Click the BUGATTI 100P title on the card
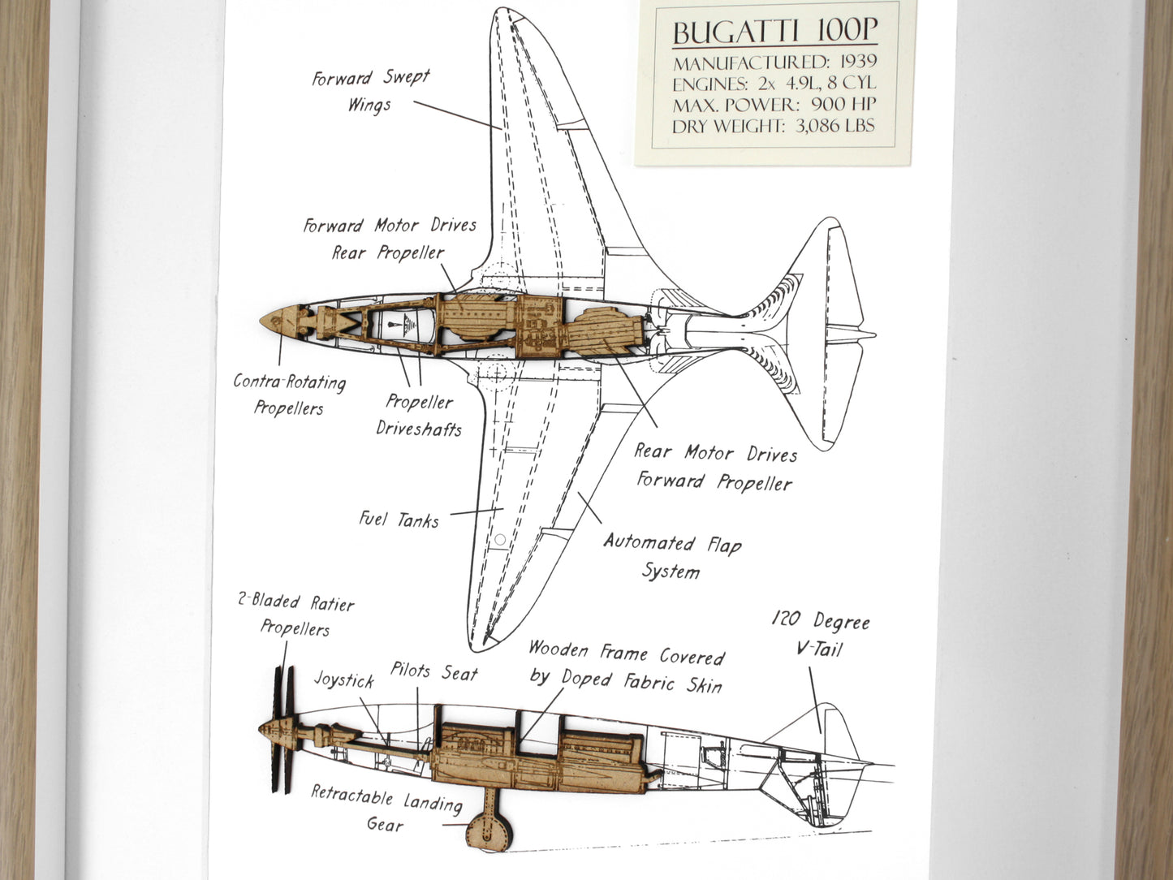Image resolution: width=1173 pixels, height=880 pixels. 774,32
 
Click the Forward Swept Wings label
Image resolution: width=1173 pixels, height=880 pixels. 370,91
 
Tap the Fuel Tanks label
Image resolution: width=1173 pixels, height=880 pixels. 399,519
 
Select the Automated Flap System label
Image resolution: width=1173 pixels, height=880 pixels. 672,557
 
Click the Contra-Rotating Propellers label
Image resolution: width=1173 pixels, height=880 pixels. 289,395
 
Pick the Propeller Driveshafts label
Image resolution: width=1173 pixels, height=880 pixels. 419,415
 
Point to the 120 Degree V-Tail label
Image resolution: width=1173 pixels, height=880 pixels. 820,635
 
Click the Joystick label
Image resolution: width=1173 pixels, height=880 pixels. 344,679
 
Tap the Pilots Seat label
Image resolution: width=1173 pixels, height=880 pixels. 434,672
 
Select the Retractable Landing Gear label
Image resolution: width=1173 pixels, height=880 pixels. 386,809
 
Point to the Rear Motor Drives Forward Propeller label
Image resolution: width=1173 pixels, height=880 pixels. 714,468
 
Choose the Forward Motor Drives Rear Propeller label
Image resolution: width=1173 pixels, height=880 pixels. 390,239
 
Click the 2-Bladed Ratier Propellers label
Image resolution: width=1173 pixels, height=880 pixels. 295,615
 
